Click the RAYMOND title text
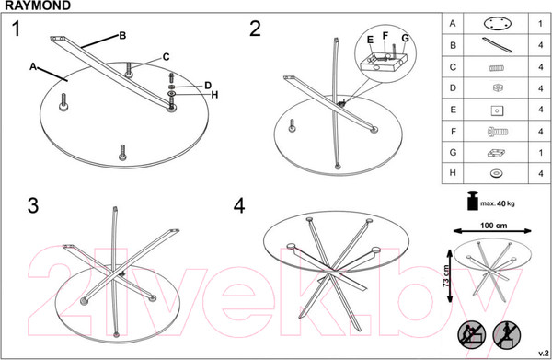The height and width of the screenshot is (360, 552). [x=38, y=6]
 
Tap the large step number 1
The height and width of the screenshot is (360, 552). [x=17, y=29]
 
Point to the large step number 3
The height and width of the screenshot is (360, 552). [x=33, y=205]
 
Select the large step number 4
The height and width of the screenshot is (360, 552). [x=239, y=205]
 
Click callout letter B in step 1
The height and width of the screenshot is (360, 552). [x=122, y=36]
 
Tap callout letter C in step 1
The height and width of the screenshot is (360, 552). [x=167, y=57]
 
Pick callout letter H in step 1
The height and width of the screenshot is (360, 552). [x=214, y=95]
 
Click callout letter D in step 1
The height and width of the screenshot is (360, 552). [x=208, y=86]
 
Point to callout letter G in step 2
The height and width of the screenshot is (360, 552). [x=405, y=38]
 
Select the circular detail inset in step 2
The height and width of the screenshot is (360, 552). [x=385, y=54]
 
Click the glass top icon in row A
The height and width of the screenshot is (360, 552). [x=497, y=24]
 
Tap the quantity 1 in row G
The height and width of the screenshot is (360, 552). [x=540, y=153]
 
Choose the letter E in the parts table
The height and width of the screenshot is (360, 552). [x=453, y=110]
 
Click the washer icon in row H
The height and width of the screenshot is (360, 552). [x=497, y=173]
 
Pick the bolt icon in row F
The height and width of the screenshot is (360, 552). [x=498, y=132]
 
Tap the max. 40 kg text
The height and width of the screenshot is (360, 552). [x=498, y=203]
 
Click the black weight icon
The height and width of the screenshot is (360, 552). [x=473, y=200]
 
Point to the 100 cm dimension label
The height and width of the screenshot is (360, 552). [x=493, y=226]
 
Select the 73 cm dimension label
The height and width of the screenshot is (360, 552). [x=447, y=275]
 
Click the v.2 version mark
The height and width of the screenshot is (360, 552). [x=543, y=354]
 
